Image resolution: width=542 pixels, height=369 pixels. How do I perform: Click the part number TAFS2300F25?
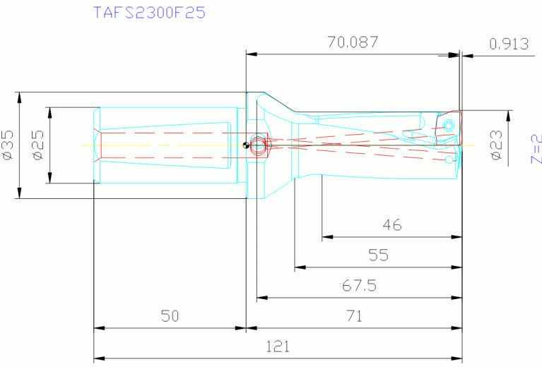tap(150, 12)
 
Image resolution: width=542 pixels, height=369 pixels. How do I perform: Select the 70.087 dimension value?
tap(353, 42)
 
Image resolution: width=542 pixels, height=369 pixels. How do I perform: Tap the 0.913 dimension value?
tap(509, 44)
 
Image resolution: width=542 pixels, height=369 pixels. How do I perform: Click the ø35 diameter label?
tap(8, 144)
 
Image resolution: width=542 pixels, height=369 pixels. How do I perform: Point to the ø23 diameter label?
tap(496, 145)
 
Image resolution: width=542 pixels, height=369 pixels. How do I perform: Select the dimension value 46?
tap(391, 225)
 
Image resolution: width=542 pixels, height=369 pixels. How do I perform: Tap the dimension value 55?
tap(378, 255)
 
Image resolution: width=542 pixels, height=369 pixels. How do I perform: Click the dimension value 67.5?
tap(359, 285)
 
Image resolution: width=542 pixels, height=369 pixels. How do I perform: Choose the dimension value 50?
tap(169, 316)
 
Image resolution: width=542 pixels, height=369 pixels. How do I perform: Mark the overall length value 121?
tap(277, 346)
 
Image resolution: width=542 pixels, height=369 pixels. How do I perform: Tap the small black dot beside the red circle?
tap(245, 146)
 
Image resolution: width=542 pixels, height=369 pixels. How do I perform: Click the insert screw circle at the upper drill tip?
tap(449, 126)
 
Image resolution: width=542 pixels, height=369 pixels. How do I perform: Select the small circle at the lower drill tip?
tap(449, 160)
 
